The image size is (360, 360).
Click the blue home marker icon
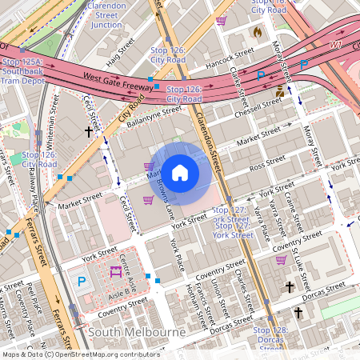[180, 172]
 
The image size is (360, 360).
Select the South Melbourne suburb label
[137, 331]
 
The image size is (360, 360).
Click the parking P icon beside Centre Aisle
[82, 281]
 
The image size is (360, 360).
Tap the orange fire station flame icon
[257, 31]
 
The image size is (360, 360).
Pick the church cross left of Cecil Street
[88, 130]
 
